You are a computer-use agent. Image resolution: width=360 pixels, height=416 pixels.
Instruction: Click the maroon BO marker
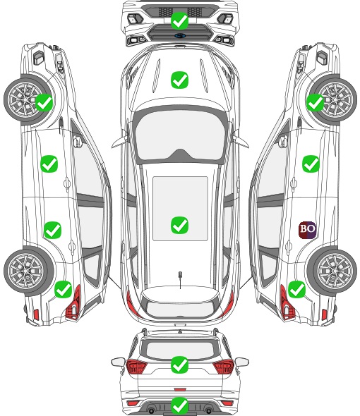tap(307, 230)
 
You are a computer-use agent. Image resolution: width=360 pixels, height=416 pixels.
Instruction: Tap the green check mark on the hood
tap(179, 80)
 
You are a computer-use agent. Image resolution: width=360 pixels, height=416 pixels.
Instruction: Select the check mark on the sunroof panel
tap(179, 225)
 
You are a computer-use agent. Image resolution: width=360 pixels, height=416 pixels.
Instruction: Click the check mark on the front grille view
tap(179, 20)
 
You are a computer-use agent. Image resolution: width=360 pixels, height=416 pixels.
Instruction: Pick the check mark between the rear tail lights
tap(179, 365)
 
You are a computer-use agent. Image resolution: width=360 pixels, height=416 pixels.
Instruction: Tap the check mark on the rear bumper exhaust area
tap(179, 405)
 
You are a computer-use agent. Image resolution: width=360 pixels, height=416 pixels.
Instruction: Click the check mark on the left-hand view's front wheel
tap(44, 102)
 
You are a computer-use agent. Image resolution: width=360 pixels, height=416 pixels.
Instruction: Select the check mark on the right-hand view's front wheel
tap(316, 102)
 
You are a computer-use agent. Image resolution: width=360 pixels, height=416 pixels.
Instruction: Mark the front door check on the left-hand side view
tap(49, 164)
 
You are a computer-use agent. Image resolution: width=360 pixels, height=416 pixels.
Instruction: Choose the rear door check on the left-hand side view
tap(53, 230)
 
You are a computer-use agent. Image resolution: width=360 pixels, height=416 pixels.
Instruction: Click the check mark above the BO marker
tap(311, 164)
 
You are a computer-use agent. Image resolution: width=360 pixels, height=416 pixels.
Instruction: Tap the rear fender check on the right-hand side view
tap(296, 289)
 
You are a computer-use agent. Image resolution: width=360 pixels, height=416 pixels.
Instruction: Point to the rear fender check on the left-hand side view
tap(64, 289)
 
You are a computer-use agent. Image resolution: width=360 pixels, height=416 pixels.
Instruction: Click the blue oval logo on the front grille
tap(180, 35)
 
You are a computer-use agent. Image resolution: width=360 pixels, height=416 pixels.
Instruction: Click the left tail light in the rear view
tap(136, 367)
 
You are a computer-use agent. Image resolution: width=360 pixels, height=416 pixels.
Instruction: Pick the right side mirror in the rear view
tap(242, 362)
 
